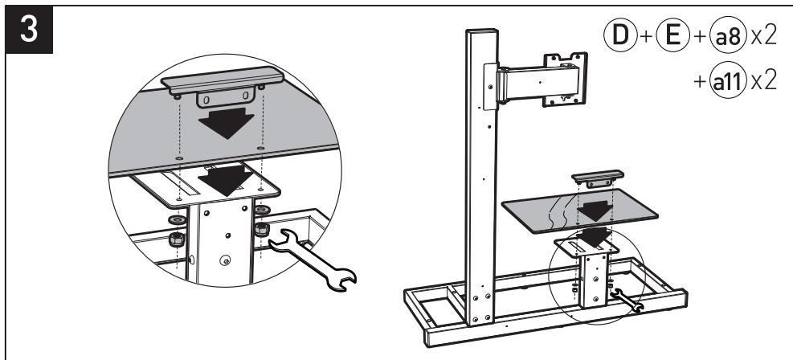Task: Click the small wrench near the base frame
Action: [625, 301]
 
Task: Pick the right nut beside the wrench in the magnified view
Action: [260, 231]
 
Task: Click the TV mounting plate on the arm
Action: [565, 80]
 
